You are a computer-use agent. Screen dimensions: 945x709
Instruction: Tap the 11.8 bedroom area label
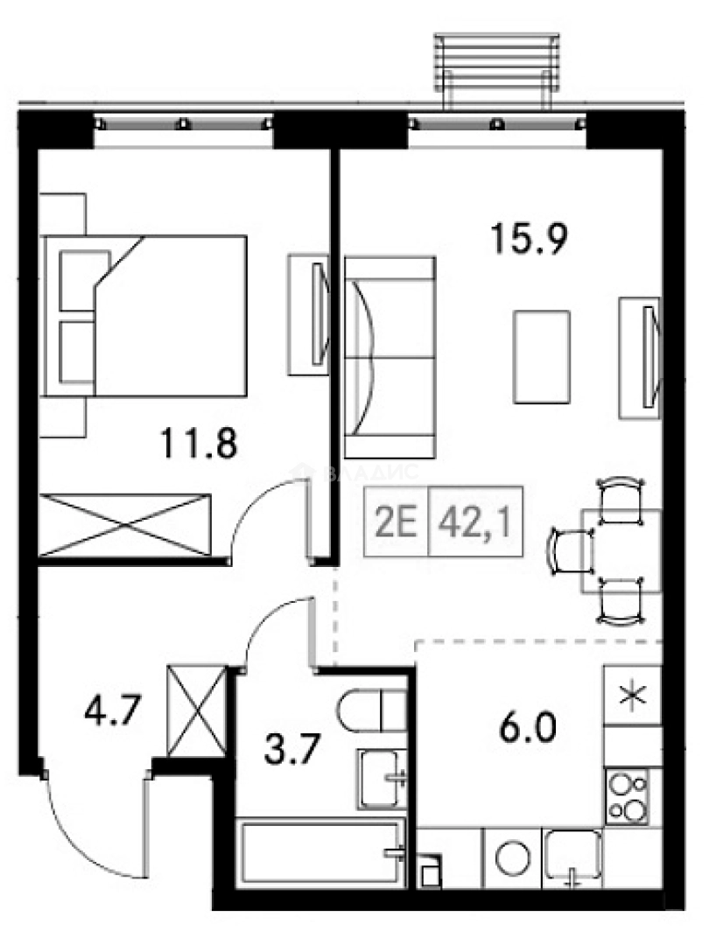pyautogui.click(x=198, y=444)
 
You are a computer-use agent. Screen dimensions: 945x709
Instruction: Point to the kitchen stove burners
pyautogui.click(x=628, y=796)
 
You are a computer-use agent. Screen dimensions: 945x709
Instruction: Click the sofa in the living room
pyautogui.click(x=389, y=357)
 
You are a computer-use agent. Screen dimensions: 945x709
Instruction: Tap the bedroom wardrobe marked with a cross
pyautogui.click(x=126, y=524)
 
